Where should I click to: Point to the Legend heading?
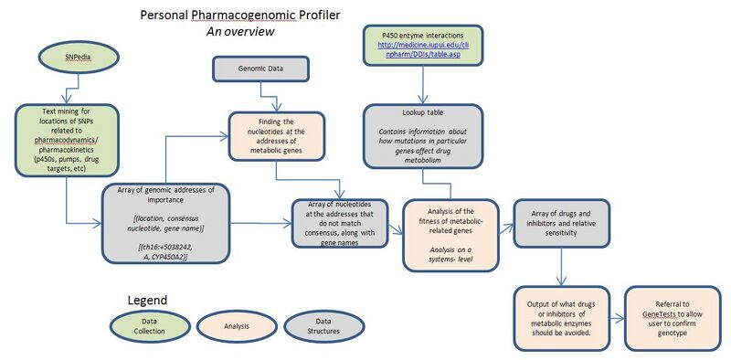[x=147, y=300]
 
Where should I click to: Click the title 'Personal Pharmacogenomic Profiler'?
[x=235, y=16]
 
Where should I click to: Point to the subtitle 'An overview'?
[x=240, y=32]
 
